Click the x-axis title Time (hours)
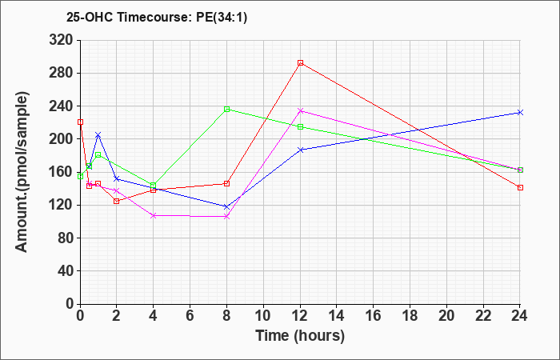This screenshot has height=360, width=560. click(300, 335)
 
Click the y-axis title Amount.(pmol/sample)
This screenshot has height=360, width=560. click(23, 172)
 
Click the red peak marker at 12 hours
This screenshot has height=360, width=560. click(300, 62)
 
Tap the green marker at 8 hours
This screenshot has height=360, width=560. click(226, 109)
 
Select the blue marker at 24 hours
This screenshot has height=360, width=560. click(520, 112)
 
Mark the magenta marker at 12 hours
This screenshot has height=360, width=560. click(300, 110)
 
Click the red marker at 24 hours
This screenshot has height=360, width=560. click(520, 187)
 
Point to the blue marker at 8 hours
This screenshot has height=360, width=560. click(226, 206)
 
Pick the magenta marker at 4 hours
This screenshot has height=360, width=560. click(153, 215)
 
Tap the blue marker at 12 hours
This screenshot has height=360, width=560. click(300, 150)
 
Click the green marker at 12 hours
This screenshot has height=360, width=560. click(300, 126)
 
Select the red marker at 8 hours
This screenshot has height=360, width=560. click(226, 183)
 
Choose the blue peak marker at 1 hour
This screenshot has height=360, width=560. click(98, 134)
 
